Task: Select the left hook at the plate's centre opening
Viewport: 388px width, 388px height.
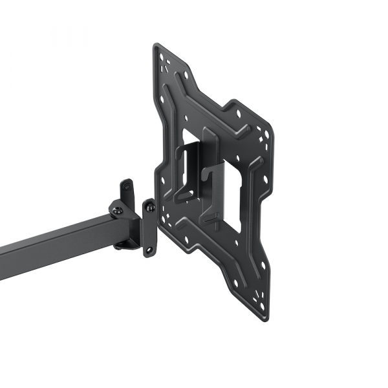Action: [188, 168]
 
